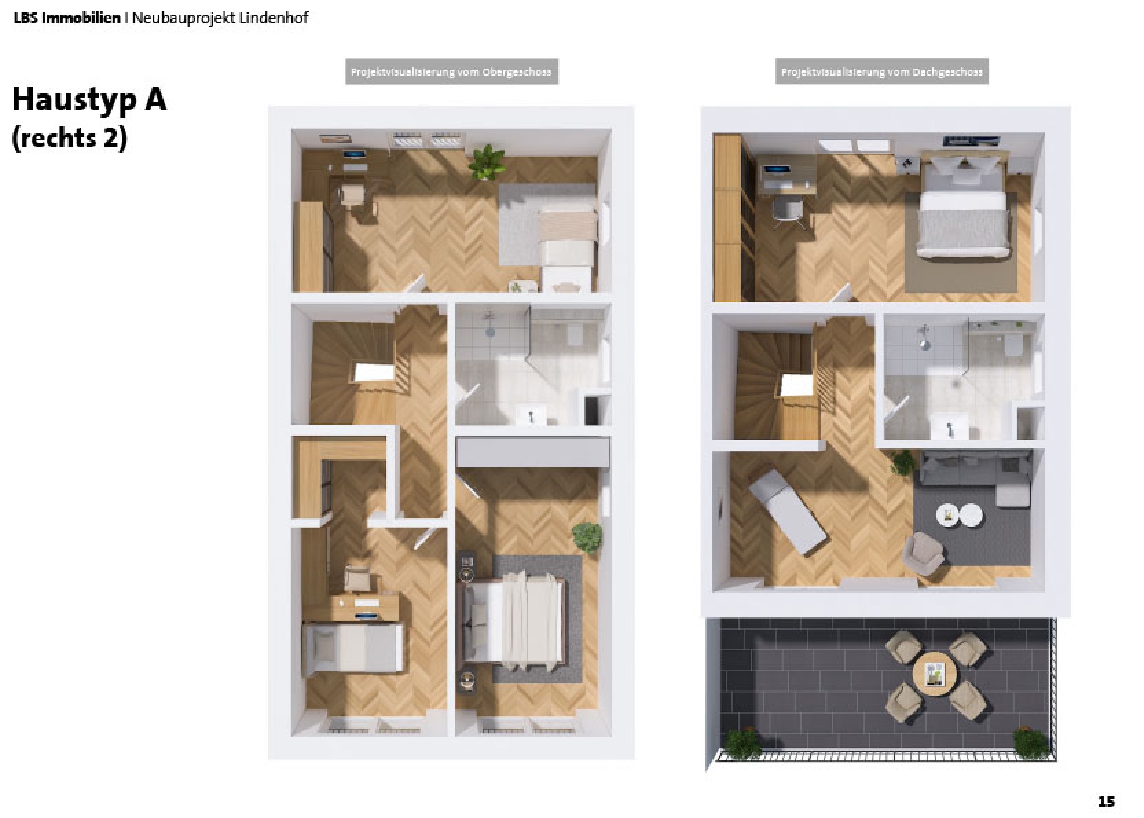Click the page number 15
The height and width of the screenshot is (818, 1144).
[x=1106, y=802]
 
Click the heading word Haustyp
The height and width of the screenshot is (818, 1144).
[x=74, y=100]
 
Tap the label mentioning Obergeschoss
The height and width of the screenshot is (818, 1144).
[x=451, y=72]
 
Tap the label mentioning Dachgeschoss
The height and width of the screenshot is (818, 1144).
[x=881, y=72]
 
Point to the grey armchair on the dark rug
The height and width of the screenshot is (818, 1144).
[x=923, y=553]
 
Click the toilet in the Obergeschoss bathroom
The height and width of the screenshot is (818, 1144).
[x=575, y=335]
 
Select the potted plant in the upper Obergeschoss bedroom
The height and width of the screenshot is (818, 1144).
[x=487, y=162]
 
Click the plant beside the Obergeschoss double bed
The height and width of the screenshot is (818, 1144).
[x=588, y=537]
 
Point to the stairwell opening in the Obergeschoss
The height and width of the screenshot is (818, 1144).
[x=373, y=372]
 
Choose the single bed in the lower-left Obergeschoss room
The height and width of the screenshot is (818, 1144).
[x=353, y=648]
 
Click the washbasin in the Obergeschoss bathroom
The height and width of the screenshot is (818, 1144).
[x=531, y=415]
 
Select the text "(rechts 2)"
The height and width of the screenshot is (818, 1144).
[x=70, y=138]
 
